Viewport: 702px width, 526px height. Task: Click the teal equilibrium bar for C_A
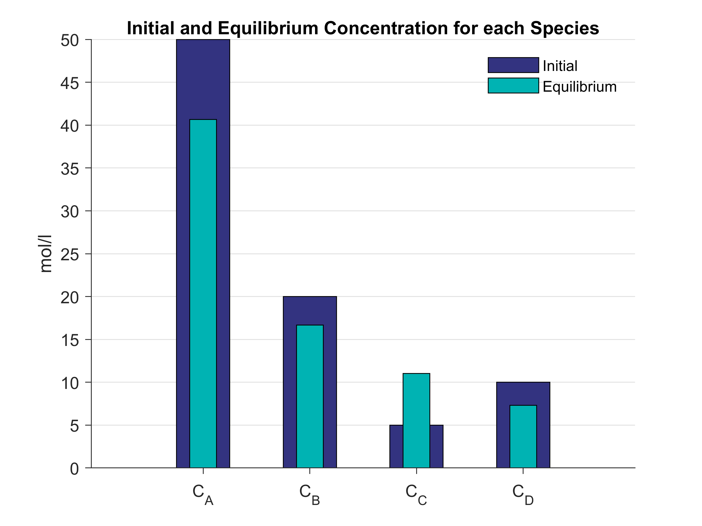[203, 293]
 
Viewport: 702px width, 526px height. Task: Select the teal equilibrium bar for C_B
[310, 396]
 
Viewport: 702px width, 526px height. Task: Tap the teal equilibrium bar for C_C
[416, 420]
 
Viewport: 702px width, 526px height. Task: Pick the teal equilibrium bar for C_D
[523, 436]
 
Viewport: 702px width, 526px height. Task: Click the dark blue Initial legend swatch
[513, 65]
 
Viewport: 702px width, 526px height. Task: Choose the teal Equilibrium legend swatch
[513, 86]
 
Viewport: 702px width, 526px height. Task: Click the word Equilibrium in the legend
[580, 87]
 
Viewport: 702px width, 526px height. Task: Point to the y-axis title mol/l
[46, 254]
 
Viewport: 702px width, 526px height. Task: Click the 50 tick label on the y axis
[70, 41]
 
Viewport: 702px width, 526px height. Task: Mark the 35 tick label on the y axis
[70, 169]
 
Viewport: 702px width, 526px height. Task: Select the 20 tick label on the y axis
[70, 297]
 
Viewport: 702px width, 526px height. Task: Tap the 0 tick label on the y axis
[74, 469]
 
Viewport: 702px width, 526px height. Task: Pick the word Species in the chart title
[564, 29]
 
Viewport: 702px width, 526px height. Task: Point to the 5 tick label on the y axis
[74, 426]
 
